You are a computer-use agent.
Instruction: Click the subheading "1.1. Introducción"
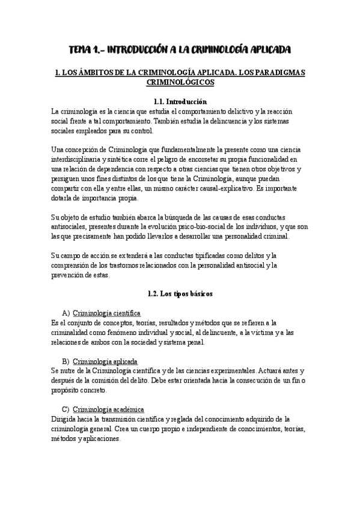click(x=180, y=102)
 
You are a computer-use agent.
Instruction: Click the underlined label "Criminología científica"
click(x=106, y=313)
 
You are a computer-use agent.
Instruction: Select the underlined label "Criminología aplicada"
click(x=105, y=361)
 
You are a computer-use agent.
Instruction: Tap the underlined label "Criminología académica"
click(x=108, y=410)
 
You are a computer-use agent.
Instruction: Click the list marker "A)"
click(x=66, y=313)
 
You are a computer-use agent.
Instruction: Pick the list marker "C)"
click(x=66, y=410)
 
